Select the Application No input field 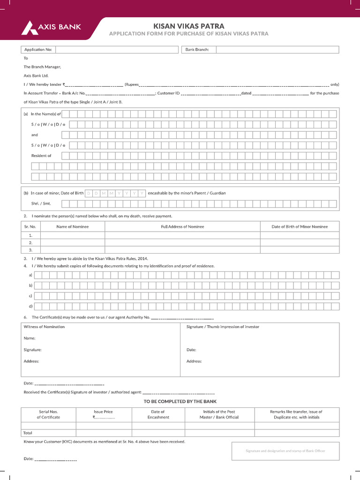[117, 50]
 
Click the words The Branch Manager [43, 67]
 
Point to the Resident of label [41, 156]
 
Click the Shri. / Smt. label [41, 203]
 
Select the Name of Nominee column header [73, 226]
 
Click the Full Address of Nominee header [182, 226]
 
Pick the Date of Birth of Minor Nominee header [300, 226]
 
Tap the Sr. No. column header [30, 226]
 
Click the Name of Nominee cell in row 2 [73, 243]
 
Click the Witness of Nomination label [44, 327]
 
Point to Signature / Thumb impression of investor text [223, 327]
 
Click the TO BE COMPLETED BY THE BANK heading [180, 402]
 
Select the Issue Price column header [103, 414]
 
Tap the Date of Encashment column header [158, 414]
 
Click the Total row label [28, 433]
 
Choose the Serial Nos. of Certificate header [48, 414]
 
